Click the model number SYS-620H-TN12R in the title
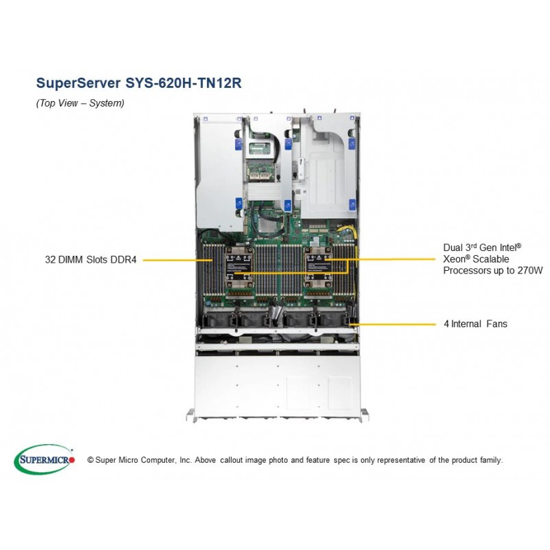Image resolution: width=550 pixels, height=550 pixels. [x=184, y=83]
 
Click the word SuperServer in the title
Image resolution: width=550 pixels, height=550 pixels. [x=78, y=83]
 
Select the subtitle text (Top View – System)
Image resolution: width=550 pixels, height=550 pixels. [x=80, y=103]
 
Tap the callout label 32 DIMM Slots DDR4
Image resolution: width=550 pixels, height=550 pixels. [x=91, y=260]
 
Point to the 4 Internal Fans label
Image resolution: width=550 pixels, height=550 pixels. [x=476, y=323]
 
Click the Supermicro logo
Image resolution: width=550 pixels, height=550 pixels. [x=44, y=459]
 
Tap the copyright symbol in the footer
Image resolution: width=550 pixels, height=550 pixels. [x=90, y=460]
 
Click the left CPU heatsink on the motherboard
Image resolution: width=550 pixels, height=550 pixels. [x=239, y=267]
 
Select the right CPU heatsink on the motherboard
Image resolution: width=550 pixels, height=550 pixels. [x=318, y=267]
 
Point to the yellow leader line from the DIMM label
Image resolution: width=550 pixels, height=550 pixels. [x=178, y=261]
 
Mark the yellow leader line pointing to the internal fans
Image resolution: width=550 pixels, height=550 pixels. [x=393, y=324]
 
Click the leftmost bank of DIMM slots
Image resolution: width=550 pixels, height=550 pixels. [x=213, y=269]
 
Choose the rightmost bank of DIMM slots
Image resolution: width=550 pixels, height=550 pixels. [x=344, y=269]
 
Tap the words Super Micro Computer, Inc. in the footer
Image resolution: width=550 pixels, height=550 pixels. [x=144, y=460]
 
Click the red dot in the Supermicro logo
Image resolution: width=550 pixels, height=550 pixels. [x=72, y=459]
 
